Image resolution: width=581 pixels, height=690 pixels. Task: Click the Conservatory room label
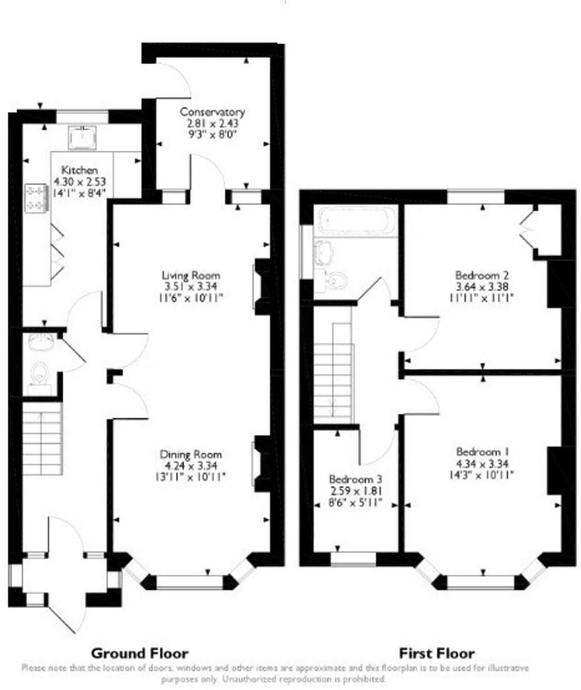pyautogui.click(x=212, y=112)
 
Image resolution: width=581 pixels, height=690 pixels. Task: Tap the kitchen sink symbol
pyautogui.click(x=82, y=137)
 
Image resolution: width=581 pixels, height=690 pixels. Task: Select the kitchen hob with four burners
pyautogui.click(x=36, y=198)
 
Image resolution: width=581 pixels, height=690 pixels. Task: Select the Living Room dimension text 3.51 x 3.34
pyautogui.click(x=191, y=287)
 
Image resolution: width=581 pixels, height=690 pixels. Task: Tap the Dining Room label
pyautogui.click(x=191, y=454)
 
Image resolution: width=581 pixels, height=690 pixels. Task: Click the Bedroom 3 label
pyautogui.click(x=355, y=479)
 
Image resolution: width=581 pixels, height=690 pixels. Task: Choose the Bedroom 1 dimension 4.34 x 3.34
pyautogui.click(x=482, y=464)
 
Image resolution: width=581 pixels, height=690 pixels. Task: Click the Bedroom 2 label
pyautogui.click(x=482, y=275)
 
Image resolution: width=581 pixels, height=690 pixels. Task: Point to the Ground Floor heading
pyautogui.click(x=140, y=653)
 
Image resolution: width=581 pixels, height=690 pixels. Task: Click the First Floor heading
pyautogui.click(x=436, y=653)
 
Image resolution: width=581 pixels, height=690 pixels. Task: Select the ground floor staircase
pyautogui.click(x=42, y=438)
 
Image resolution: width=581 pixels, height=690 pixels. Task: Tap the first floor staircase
pyautogui.click(x=333, y=374)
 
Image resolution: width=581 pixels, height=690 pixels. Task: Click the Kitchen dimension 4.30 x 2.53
pyautogui.click(x=80, y=182)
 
